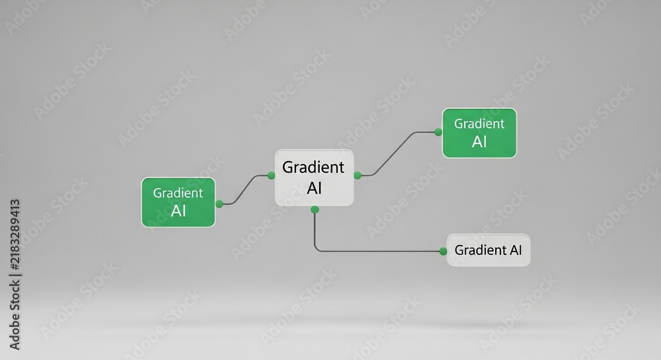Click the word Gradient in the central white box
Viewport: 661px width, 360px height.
tap(313, 167)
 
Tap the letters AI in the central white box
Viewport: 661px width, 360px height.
tap(314, 188)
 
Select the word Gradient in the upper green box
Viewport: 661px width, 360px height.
tap(479, 124)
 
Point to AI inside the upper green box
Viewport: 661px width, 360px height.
tap(479, 142)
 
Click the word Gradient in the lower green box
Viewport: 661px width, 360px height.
tap(177, 193)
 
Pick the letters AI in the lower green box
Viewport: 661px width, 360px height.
tap(178, 211)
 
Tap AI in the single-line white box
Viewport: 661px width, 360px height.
tap(516, 250)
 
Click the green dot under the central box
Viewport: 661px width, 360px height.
tap(315, 209)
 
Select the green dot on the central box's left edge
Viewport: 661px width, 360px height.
tap(272, 175)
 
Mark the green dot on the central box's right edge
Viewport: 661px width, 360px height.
tap(358, 175)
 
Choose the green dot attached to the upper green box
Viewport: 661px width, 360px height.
tap(438, 132)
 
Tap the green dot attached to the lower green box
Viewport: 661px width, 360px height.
tap(219, 204)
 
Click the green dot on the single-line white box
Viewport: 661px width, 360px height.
tap(443, 251)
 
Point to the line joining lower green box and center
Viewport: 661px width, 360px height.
tap(245, 190)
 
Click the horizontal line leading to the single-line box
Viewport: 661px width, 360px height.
tap(379, 252)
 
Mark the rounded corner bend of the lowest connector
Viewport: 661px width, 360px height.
tap(317, 249)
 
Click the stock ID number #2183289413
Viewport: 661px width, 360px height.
tap(15, 234)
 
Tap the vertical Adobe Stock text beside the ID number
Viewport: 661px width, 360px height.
tap(15, 315)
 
